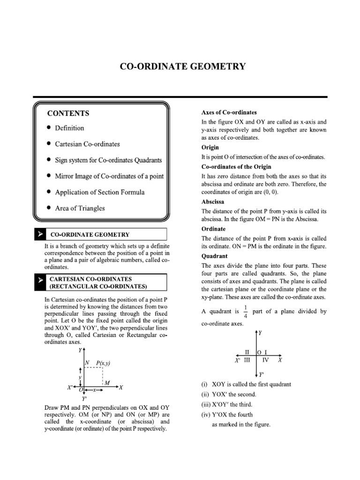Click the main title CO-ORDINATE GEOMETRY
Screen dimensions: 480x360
click(x=182, y=67)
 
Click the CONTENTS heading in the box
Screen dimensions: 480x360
click(x=68, y=113)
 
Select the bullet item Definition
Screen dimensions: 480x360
click(x=69, y=128)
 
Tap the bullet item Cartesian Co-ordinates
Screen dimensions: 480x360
click(x=87, y=144)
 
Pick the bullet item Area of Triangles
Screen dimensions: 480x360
click(x=80, y=208)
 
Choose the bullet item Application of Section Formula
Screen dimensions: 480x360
click(x=99, y=192)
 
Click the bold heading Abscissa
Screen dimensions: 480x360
click(x=213, y=202)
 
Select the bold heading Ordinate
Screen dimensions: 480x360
click(x=213, y=229)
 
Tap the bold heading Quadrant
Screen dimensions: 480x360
click(x=214, y=256)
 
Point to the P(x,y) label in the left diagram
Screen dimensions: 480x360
click(x=103, y=363)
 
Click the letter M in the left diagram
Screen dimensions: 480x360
click(x=107, y=383)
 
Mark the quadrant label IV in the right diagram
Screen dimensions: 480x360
click(x=265, y=360)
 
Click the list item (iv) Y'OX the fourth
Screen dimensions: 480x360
click(x=226, y=414)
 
